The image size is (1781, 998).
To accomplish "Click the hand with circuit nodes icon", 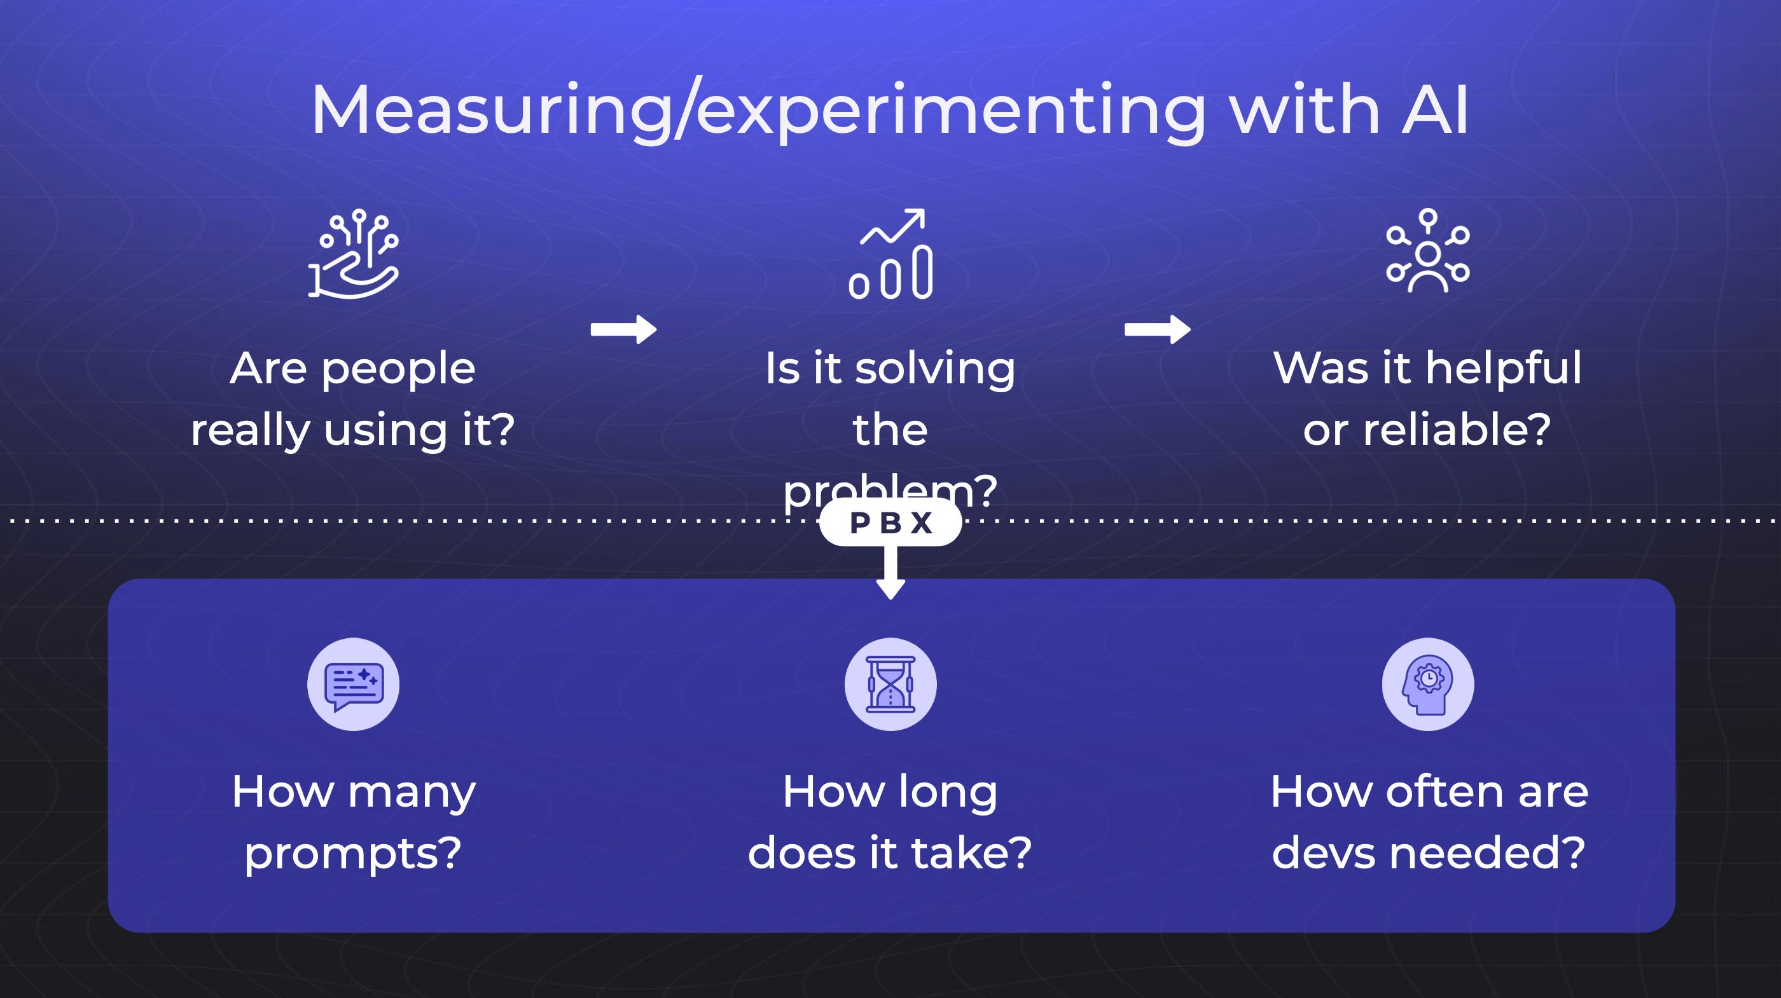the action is tap(353, 254).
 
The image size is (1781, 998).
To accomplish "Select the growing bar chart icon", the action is tap(891, 254).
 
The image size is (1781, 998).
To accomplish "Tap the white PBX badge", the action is tap(891, 523).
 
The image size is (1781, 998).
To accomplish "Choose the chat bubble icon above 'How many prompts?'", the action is tap(353, 684).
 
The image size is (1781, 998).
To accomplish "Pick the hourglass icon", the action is tap(891, 684).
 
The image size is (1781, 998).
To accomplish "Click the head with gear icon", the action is tap(1428, 684).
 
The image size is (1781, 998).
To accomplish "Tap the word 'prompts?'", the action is tap(353, 854).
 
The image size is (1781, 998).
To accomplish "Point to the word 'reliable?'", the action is tap(1457, 430).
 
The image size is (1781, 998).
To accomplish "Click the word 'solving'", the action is tap(935, 369).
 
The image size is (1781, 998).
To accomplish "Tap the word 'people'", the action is tap(398, 369).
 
